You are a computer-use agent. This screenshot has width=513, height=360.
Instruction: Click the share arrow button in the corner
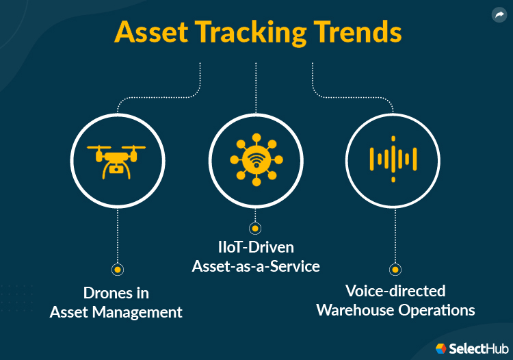click(499, 15)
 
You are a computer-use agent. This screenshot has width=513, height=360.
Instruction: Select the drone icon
click(118, 159)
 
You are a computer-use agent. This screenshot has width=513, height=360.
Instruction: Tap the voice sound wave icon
click(393, 159)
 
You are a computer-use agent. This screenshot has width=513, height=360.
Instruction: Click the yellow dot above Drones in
click(118, 269)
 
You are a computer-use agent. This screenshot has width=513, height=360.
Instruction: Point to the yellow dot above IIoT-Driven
click(256, 228)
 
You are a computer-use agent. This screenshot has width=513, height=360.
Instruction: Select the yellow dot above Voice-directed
click(395, 269)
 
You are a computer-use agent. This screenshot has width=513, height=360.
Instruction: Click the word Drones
click(106, 293)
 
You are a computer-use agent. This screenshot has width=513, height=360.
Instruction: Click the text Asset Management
click(116, 313)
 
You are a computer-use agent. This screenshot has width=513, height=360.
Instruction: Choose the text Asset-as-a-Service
click(256, 266)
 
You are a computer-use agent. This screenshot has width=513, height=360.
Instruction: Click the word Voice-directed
click(395, 291)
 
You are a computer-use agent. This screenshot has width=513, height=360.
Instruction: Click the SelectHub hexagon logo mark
click(441, 348)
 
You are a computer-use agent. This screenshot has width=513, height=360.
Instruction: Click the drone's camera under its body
click(118, 170)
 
